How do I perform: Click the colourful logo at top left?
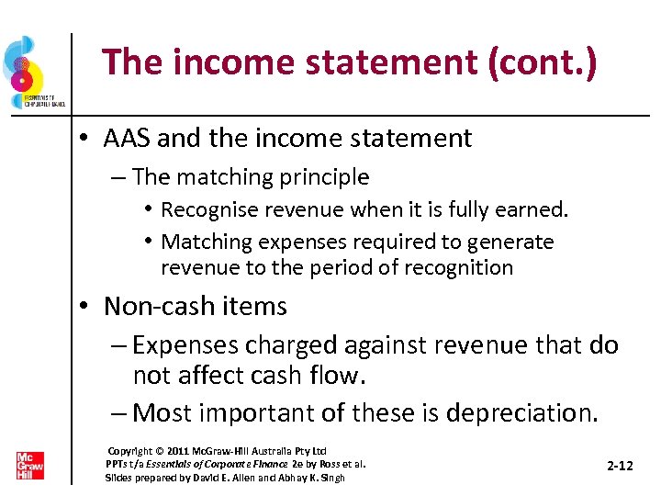coord(28,73)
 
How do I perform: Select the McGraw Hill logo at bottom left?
coord(29,465)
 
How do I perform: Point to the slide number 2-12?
coord(620,466)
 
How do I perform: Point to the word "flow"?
coord(338,376)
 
